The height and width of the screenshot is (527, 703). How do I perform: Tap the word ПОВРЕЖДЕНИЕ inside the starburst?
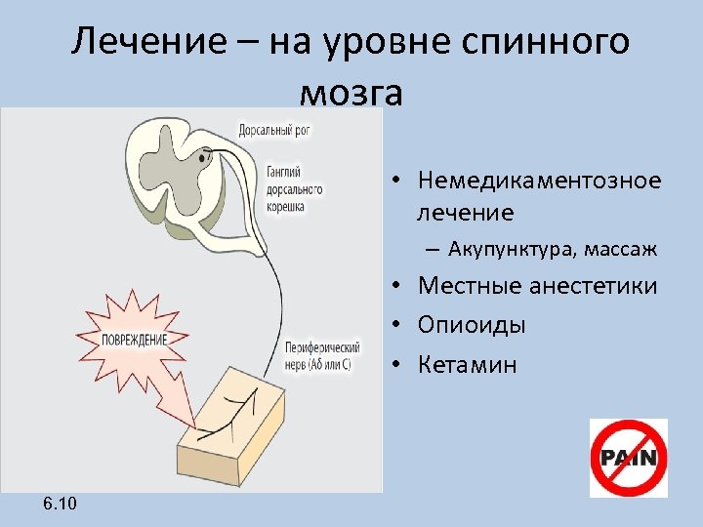[x=135, y=340]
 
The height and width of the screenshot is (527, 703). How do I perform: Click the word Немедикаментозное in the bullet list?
[x=539, y=181]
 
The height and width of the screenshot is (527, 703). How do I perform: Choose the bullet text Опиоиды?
[x=471, y=325]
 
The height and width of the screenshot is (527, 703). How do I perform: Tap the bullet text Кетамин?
[x=467, y=364]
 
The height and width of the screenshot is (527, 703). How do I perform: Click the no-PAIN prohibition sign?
[x=628, y=458]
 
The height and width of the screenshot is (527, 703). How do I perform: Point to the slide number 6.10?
[x=61, y=503]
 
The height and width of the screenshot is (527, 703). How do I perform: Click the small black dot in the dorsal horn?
[x=205, y=154]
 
